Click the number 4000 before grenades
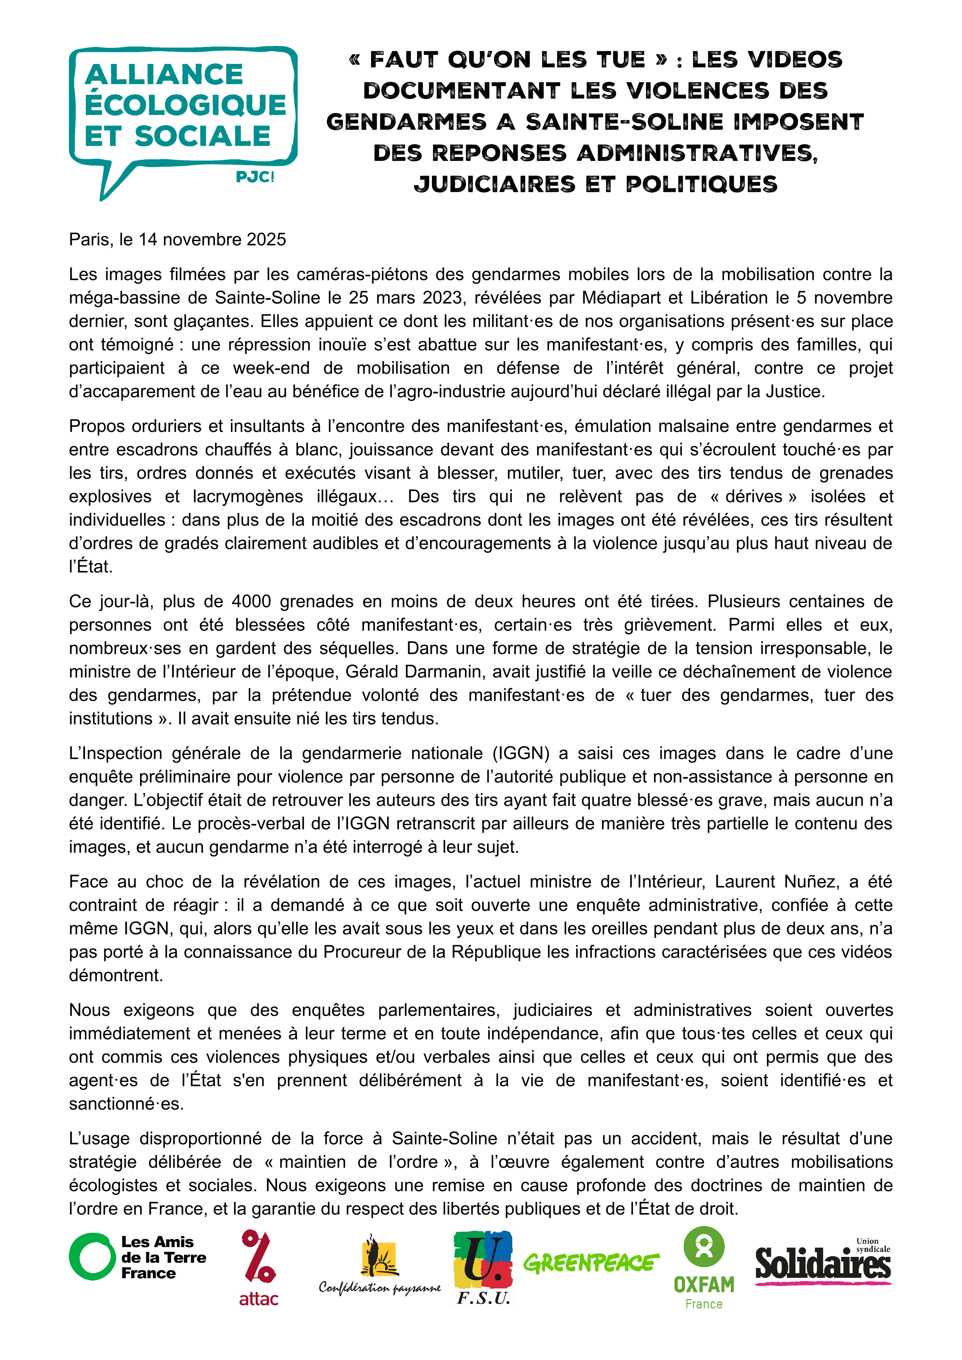pos(251,601)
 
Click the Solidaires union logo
pos(823,1263)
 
